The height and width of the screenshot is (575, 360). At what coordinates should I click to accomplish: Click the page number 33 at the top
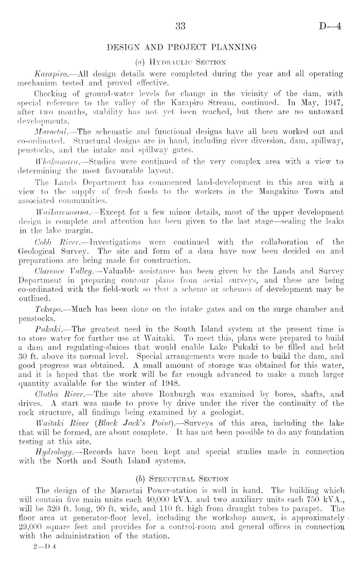pyautogui.click(x=180, y=27)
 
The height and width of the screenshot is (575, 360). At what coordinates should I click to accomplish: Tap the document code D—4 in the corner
pyautogui.click(x=329, y=27)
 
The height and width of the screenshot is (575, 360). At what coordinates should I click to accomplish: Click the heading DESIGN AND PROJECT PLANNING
pyautogui.click(x=180, y=48)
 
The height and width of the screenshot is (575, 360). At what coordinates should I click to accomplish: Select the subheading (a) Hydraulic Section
pyautogui.click(x=180, y=62)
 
